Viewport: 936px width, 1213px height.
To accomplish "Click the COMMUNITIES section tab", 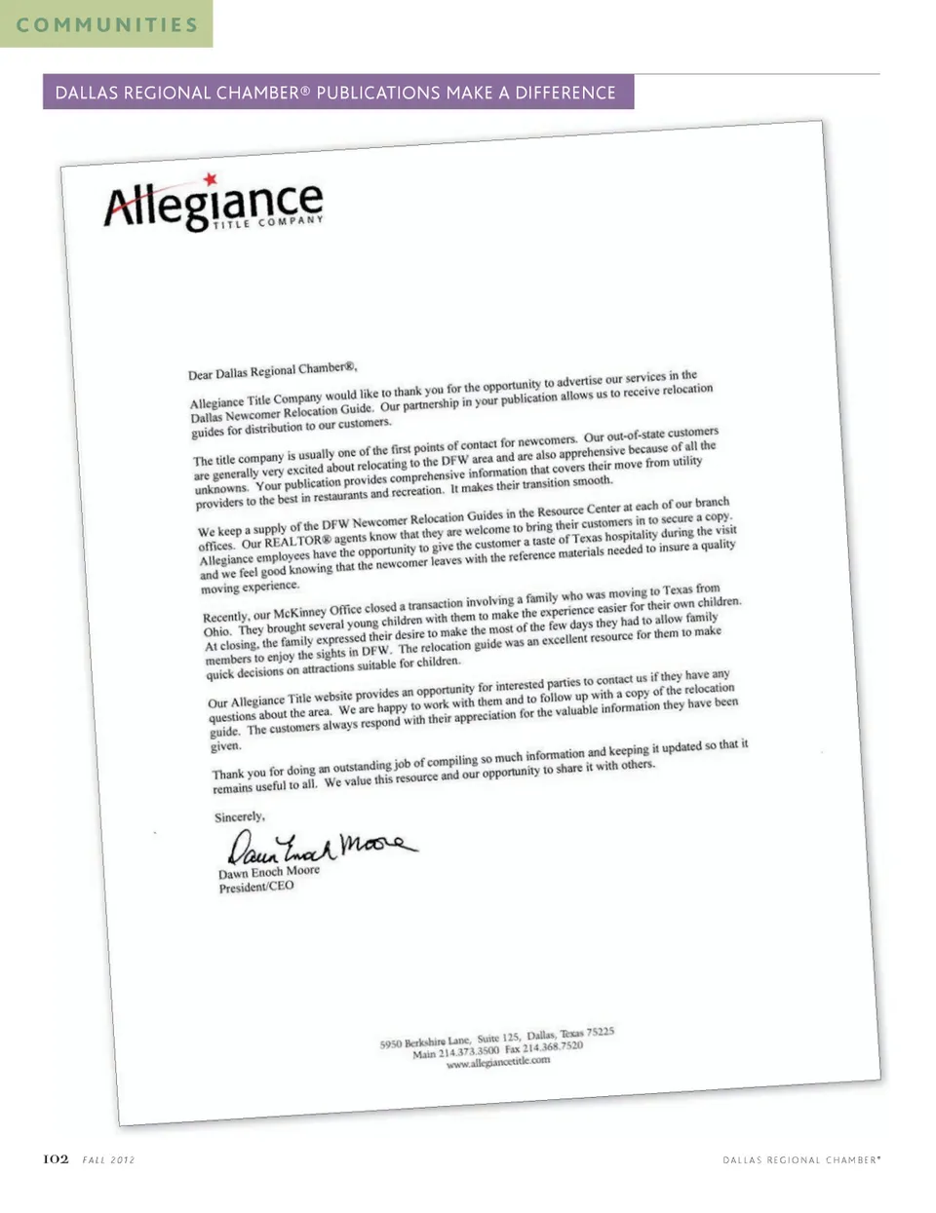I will point(106,24).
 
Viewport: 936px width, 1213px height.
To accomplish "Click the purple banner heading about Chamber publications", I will point(336,93).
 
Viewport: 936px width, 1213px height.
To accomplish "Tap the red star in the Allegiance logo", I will point(210,180).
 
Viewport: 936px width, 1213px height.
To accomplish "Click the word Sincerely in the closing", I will point(239,816).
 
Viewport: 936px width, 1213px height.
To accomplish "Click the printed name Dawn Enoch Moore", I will point(268,872).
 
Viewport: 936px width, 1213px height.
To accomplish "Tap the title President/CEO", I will point(255,888).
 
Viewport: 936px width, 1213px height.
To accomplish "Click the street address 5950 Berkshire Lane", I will point(424,1042).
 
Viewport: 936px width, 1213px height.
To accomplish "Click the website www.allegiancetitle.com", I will point(497,1063).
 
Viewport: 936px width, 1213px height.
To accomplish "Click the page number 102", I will point(56,1159).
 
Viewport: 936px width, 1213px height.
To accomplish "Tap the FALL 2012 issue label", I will point(108,1160).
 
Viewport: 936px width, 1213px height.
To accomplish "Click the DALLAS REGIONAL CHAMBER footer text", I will point(800,1160).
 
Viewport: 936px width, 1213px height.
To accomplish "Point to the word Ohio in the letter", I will point(215,631).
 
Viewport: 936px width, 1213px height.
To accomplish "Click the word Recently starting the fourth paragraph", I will point(225,618).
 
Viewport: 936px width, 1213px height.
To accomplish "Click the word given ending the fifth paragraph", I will point(225,746).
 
